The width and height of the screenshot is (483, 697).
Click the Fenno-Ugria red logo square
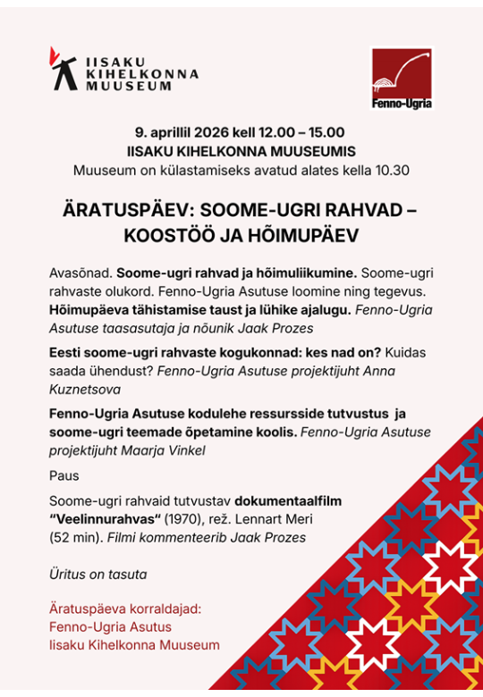[402, 78]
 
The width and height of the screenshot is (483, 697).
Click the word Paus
[64, 475]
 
